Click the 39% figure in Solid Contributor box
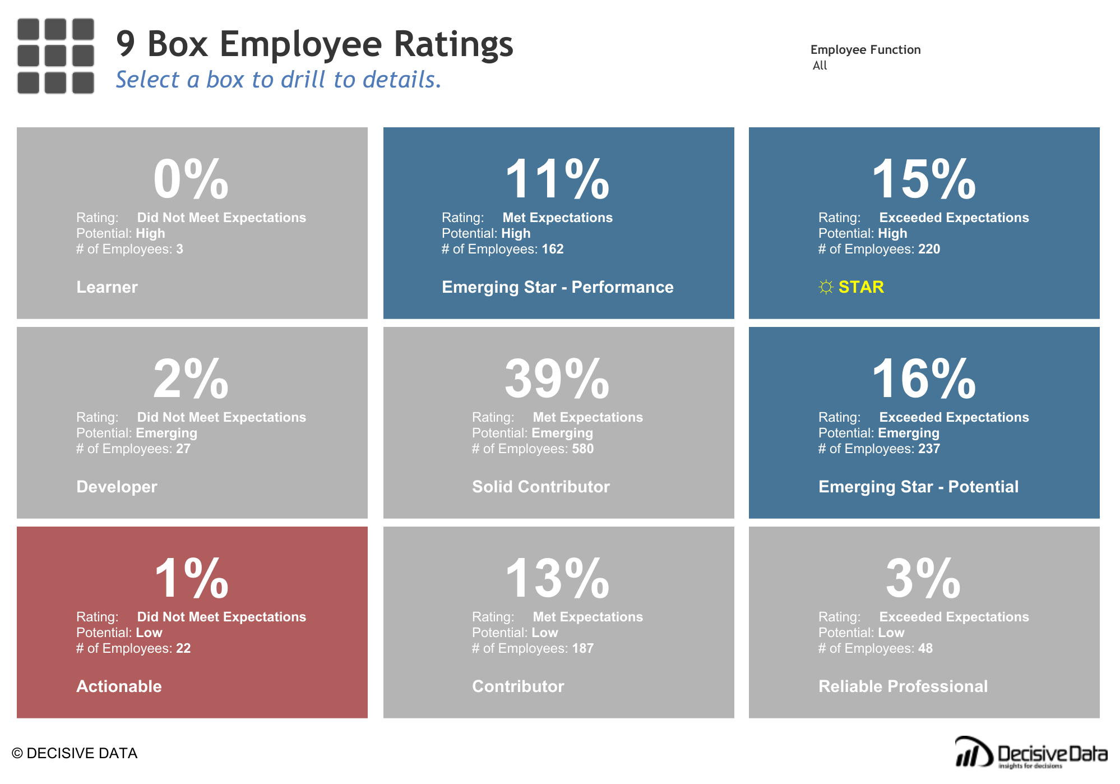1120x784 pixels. click(557, 379)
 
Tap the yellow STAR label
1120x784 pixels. click(860, 287)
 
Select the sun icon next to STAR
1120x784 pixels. click(826, 288)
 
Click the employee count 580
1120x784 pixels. click(582, 449)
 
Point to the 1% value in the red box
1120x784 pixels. click(191, 579)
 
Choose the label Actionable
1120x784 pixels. click(119, 686)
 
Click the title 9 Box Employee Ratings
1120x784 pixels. click(314, 44)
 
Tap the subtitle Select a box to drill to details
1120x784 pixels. click(279, 80)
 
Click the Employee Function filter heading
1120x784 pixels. click(865, 50)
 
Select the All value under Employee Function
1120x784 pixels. click(820, 66)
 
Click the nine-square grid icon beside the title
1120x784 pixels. click(55, 56)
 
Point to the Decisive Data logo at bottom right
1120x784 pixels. click(1030, 753)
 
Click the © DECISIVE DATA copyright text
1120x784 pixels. click(75, 753)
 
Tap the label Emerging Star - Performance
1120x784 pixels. click(557, 287)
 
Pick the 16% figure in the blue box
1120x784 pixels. click(923, 379)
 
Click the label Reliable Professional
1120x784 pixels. click(903, 686)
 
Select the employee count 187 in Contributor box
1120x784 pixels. click(582, 648)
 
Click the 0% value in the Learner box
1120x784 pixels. click(191, 179)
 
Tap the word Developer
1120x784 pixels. click(117, 487)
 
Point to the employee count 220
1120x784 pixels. click(928, 249)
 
